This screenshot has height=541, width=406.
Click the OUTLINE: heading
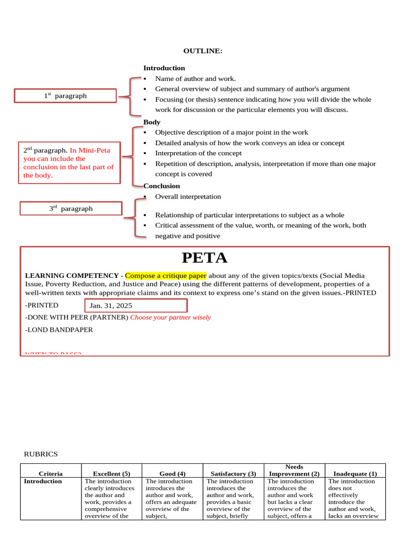[202, 51]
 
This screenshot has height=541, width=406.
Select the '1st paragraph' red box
[65, 96]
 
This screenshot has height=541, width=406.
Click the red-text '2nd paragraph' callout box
[69, 163]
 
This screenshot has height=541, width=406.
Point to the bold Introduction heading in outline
[164, 68]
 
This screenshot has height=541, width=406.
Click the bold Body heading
[152, 122]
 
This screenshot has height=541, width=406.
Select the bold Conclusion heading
[162, 186]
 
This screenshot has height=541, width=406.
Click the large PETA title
[205, 258]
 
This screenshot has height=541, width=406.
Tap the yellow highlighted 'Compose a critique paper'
[165, 276]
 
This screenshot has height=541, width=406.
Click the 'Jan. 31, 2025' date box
[136, 305]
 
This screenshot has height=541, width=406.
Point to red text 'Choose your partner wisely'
[170, 318]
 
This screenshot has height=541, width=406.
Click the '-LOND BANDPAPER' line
[59, 330]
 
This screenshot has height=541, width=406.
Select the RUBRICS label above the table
[41, 454]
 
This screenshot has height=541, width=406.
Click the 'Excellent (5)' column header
[112, 474]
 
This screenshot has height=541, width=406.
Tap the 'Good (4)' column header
[172, 474]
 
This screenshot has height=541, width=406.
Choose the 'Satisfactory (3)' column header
[233, 474]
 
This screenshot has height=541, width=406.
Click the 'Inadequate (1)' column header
[355, 474]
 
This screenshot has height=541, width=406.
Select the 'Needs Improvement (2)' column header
[294, 470]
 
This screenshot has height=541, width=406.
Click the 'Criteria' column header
[51, 474]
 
